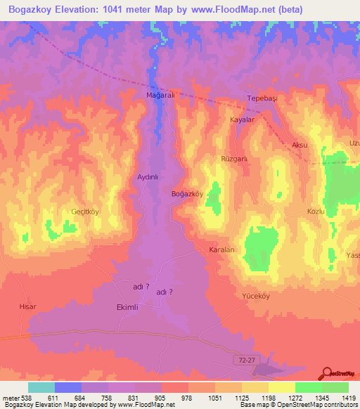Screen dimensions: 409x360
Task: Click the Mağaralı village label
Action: click(x=159, y=94)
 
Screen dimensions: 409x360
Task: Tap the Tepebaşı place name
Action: click(x=263, y=98)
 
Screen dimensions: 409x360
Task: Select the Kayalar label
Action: click(x=242, y=120)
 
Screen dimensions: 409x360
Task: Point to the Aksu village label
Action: click(x=300, y=145)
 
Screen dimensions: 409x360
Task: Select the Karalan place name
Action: click(x=221, y=250)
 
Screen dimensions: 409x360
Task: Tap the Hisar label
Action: click(x=27, y=307)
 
